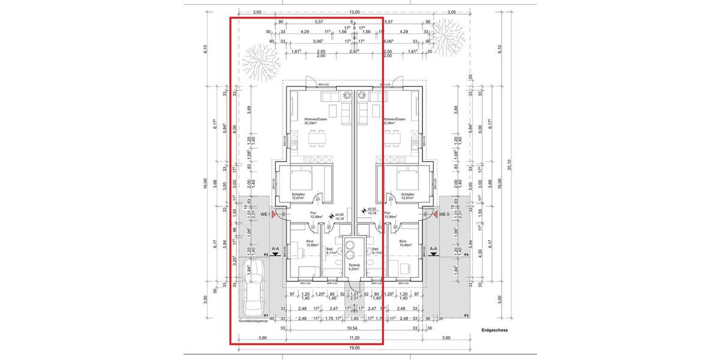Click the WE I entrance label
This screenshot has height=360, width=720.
[263, 214]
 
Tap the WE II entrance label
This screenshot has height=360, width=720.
[444, 214]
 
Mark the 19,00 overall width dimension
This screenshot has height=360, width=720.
[354, 347]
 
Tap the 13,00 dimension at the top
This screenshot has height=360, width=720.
[354, 11]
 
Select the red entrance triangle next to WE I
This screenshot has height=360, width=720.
[274, 214]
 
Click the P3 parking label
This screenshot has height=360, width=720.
[466, 315]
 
